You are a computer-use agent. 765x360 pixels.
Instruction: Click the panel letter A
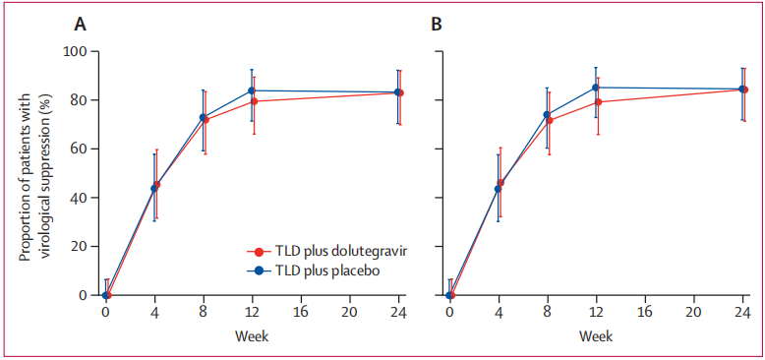tap(81, 25)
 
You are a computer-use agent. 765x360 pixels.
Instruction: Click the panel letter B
tap(438, 25)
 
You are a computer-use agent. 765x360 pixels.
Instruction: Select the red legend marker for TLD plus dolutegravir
tap(259, 252)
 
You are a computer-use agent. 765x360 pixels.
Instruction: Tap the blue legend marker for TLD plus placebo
tap(259, 271)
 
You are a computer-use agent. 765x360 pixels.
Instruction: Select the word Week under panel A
tap(253, 336)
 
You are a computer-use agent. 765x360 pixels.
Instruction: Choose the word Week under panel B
tap(596, 336)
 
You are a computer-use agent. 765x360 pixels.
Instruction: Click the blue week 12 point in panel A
tap(252, 90)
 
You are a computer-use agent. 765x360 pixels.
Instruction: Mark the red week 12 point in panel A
tap(255, 101)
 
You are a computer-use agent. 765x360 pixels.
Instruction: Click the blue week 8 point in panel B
tap(547, 115)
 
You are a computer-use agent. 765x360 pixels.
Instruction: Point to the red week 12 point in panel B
tap(598, 102)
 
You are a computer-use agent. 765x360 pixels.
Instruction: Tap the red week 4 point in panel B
tap(500, 182)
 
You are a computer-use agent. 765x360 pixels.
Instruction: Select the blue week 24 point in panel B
tap(742, 90)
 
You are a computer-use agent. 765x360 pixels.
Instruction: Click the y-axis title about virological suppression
tap(32, 173)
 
